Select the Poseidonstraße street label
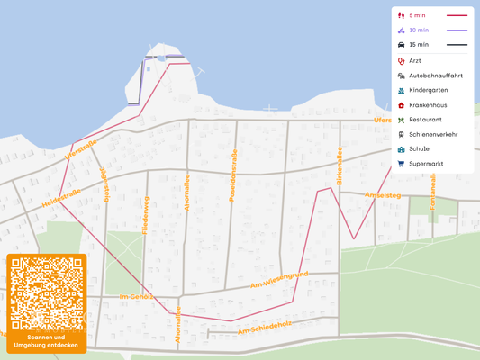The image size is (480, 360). pyautogui.click(x=232, y=175)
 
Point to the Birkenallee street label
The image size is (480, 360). pyautogui.click(x=340, y=166)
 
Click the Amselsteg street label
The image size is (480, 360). pyautogui.click(x=382, y=194)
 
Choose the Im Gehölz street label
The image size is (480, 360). pyautogui.click(x=135, y=296)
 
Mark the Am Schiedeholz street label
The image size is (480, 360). pyautogui.click(x=264, y=330)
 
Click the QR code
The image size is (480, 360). pyautogui.click(x=46, y=293)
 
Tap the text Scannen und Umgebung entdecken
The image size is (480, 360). pyautogui.click(x=46, y=341)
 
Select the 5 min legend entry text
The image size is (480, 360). pyautogui.click(x=417, y=15)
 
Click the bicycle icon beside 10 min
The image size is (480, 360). pyautogui.click(x=401, y=30)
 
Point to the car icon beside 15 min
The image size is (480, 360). pyautogui.click(x=401, y=44)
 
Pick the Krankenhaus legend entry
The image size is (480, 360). pyautogui.click(x=428, y=105)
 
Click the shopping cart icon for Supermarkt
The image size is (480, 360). pyautogui.click(x=401, y=164)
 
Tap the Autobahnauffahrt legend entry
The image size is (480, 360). pyautogui.click(x=436, y=76)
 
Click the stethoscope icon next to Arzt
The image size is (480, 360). pyautogui.click(x=401, y=61)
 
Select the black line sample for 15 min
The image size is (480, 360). pyautogui.click(x=457, y=44)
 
